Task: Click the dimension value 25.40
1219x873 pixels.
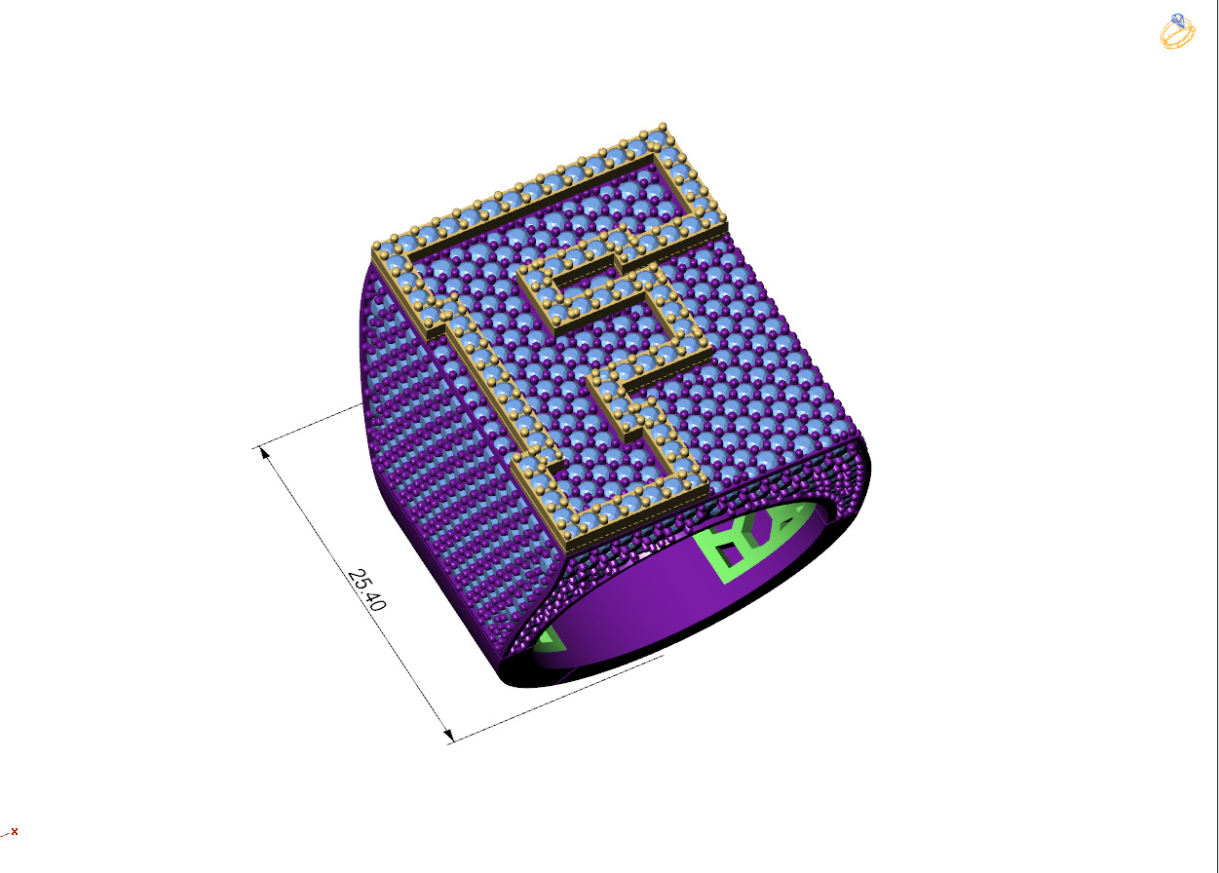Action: pos(366,589)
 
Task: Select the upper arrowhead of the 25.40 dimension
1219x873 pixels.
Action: pos(264,454)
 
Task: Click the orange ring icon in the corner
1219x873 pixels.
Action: pos(1176,32)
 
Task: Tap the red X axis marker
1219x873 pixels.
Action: pos(14,831)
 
